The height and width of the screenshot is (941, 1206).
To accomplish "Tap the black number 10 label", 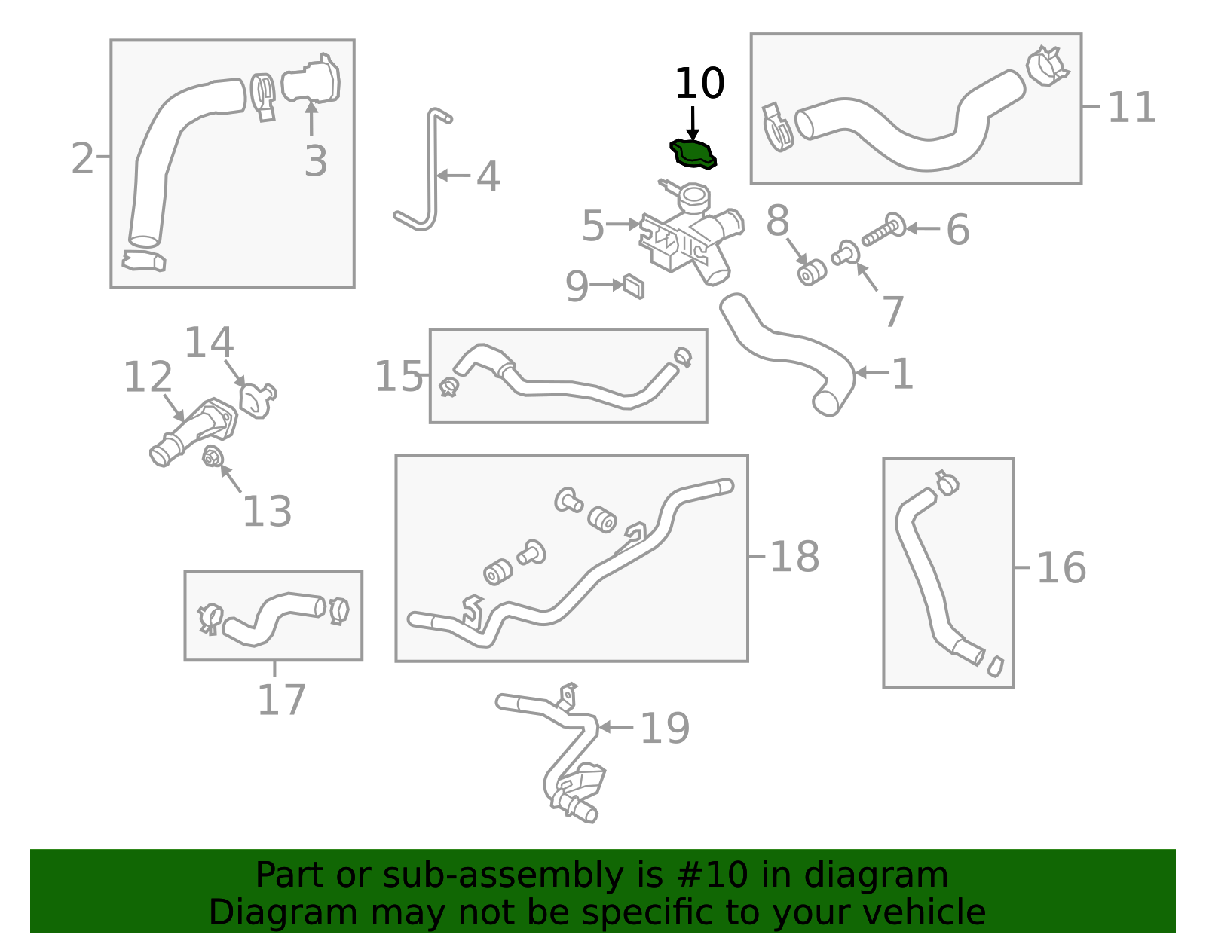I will [x=699, y=83].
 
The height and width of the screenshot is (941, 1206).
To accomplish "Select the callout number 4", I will [x=488, y=177].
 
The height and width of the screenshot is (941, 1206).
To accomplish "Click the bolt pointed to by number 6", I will [x=884, y=230].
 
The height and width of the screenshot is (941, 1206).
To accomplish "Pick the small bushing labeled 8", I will [x=811, y=273].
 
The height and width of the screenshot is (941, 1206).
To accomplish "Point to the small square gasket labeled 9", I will [x=633, y=286].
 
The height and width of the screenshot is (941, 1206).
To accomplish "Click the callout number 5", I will [x=592, y=226].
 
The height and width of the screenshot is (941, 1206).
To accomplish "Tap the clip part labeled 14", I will [x=257, y=399].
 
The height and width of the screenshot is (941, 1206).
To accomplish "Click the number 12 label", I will [x=148, y=377].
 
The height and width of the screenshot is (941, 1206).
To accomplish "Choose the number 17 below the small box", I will [x=281, y=700].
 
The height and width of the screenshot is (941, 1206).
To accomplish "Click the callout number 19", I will [x=664, y=728].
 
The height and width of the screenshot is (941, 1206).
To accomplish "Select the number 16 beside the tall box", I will [x=1061, y=568].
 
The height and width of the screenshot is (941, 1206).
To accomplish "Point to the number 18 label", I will [x=794, y=558].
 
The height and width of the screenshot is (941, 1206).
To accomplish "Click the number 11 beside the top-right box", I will [x=1131, y=108].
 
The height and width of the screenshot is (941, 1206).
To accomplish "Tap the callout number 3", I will [x=316, y=161].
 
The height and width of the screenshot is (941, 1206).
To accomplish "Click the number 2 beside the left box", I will [x=82, y=158].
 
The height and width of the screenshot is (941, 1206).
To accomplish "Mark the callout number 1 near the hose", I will [x=902, y=374].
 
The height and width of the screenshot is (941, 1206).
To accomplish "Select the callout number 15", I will [x=399, y=376].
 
